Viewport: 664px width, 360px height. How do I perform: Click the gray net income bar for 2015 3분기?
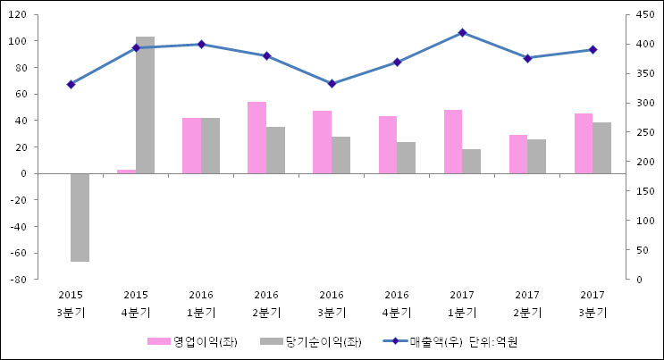[80, 217]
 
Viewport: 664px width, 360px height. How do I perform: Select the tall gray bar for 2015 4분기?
[145, 105]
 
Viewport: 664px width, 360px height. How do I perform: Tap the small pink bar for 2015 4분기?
[126, 171]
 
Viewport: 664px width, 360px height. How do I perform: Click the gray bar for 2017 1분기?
[471, 161]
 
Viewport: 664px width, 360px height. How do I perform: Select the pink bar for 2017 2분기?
[518, 154]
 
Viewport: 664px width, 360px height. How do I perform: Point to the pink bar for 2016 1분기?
[191, 146]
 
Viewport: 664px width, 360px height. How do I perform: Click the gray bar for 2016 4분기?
[406, 157]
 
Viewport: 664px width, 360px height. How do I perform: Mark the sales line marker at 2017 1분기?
[462, 32]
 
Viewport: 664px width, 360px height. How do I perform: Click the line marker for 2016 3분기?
[332, 83]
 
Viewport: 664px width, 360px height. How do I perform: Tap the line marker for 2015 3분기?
[71, 84]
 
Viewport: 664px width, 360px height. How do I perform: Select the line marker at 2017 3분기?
[593, 49]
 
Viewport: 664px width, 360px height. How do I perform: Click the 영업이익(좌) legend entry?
[193, 341]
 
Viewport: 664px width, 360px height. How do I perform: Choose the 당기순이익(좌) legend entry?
[310, 341]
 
